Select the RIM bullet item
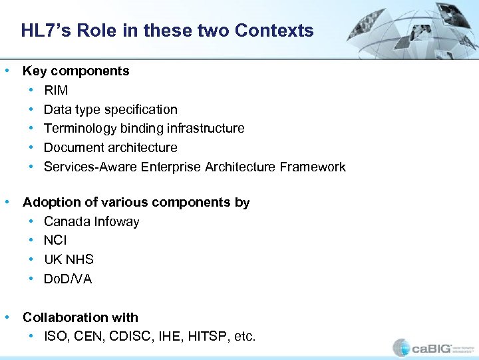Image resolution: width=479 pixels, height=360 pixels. point(56,90)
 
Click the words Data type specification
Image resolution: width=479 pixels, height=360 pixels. point(110,109)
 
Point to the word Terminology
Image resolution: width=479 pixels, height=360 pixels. point(80,128)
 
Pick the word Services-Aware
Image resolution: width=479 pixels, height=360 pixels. point(90,167)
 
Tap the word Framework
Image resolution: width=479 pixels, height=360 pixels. point(313,167)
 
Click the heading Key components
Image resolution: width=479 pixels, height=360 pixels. point(76,71)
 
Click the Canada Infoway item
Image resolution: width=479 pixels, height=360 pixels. point(91,221)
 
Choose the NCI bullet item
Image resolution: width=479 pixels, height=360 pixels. point(55,240)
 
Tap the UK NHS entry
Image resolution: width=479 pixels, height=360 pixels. point(69,259)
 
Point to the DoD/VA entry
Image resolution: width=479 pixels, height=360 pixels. point(68,279)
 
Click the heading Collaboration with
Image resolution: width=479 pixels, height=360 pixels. point(80,317)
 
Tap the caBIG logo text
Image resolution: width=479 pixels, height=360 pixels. point(432,348)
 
